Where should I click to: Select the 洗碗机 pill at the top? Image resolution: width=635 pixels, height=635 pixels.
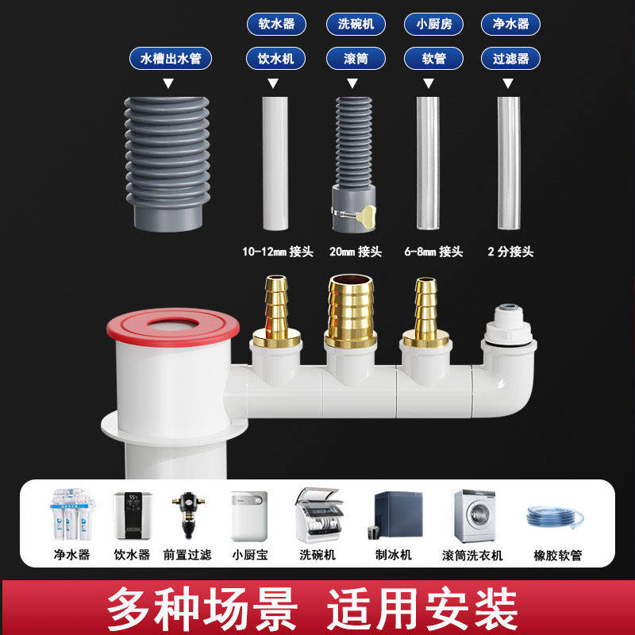pyautogui.click(x=356, y=23)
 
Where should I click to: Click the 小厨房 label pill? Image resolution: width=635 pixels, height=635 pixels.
pyautogui.click(x=433, y=23)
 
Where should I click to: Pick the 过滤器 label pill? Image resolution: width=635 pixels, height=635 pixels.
pyautogui.click(x=511, y=58)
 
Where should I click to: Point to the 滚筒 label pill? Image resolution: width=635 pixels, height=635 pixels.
pyautogui.click(x=356, y=58)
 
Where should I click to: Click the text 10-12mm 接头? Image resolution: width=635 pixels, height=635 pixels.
pyautogui.click(x=278, y=252)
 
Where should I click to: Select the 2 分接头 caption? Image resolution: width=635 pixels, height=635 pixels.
pyautogui.click(x=510, y=252)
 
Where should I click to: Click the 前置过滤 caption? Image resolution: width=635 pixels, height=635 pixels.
pyautogui.click(x=187, y=554)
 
